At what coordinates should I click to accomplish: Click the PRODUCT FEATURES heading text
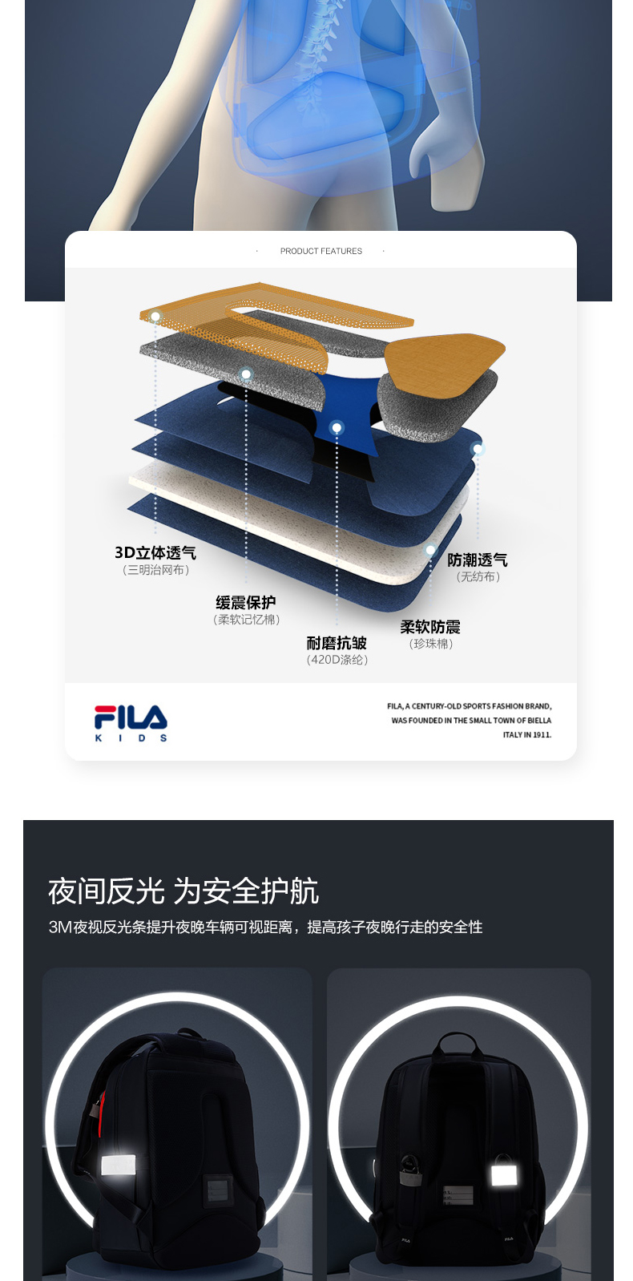coord(321,251)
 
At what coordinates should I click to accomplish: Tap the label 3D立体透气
coord(155,552)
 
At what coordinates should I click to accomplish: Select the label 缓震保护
coord(245,602)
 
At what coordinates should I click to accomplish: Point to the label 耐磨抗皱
coord(337,643)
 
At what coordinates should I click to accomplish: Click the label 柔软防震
coord(430,627)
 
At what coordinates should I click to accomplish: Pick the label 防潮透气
coord(478,560)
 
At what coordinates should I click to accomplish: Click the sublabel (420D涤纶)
coord(337,660)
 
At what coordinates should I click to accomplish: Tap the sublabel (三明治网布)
coord(156,570)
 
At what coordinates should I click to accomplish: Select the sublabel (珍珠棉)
coord(431,644)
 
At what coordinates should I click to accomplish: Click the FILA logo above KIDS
coord(131,717)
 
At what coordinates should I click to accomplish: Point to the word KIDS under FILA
coord(131,738)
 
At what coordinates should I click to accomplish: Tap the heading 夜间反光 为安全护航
coord(183,891)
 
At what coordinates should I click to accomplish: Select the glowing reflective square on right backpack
coord(503,1176)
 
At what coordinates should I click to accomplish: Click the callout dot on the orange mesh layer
coord(155,317)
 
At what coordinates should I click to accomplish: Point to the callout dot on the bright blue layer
coord(337,427)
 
